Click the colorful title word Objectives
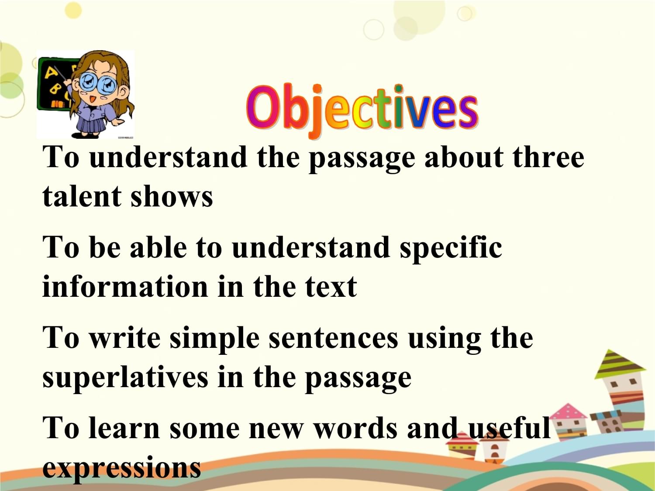tap(362, 110)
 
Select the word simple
tap(214, 340)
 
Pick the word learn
tap(124, 428)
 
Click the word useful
tap(509, 428)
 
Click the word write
tap(125, 339)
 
